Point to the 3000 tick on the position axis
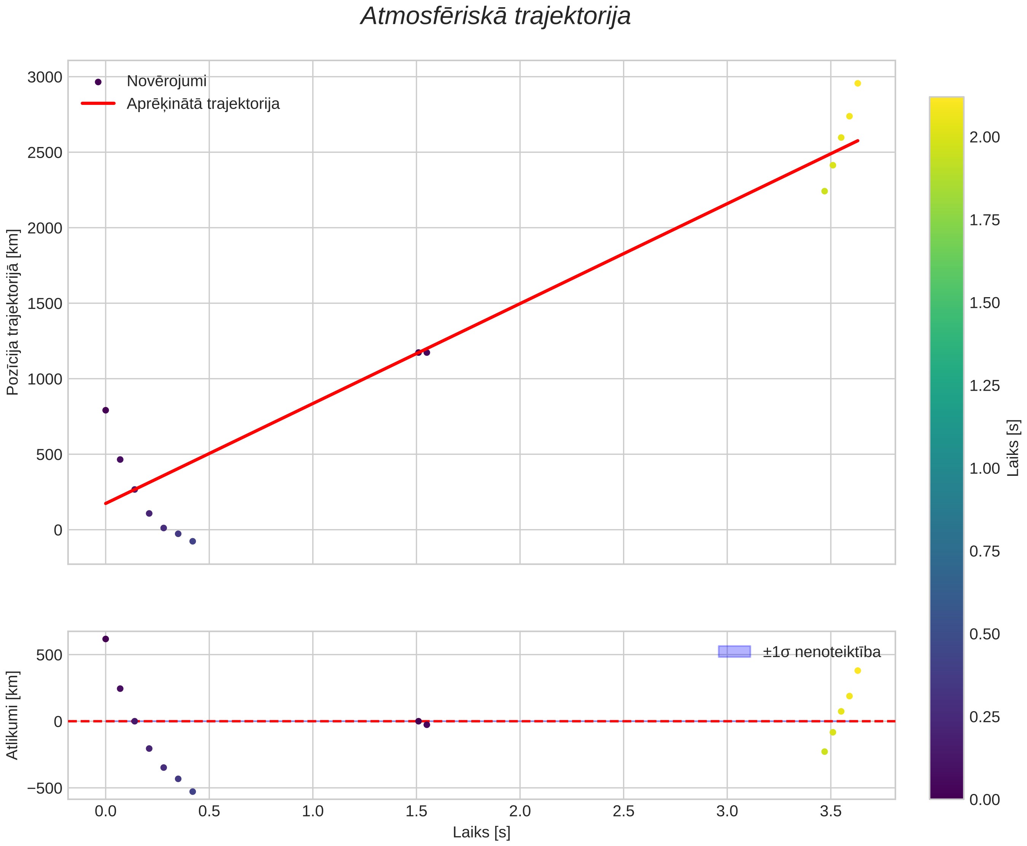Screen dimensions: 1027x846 [x=45, y=77]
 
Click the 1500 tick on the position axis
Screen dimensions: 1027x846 [x=45, y=304]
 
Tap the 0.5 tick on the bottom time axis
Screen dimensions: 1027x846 [x=209, y=811]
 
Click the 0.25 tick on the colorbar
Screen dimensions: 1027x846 [x=984, y=717]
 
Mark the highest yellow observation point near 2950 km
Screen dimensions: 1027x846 [x=857, y=83]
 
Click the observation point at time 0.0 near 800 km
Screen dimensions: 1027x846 [x=105, y=410]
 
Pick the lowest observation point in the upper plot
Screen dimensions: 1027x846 [x=192, y=542]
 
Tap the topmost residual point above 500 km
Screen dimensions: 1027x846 [x=105, y=639]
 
